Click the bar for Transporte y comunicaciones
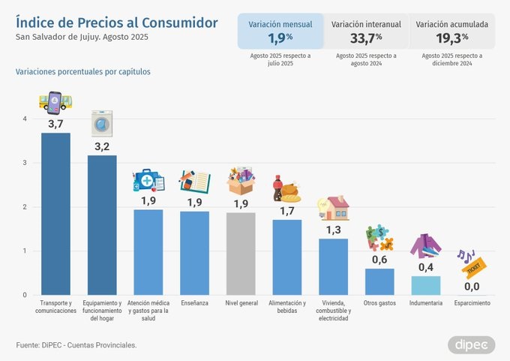[55, 214]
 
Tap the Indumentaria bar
[426, 285]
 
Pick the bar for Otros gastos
[379, 281]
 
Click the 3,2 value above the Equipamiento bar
[101, 146]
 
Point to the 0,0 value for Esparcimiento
[472, 287]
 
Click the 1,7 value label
[286, 211]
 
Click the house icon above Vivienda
[333, 208]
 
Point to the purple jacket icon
[426, 245]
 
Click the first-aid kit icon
[148, 181]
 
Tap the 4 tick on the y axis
[25, 119]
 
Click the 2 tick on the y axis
[25, 207]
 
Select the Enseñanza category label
[194, 303]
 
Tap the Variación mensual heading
[280, 24]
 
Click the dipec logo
[471, 344]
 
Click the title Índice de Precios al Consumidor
[116, 23]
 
